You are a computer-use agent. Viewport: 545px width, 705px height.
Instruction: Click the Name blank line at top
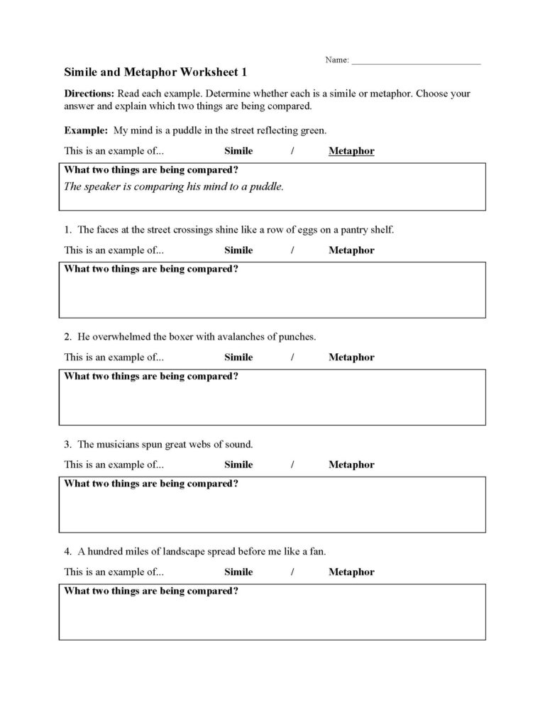[416, 62]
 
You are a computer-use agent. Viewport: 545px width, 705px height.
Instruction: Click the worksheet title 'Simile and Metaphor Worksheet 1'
[156, 72]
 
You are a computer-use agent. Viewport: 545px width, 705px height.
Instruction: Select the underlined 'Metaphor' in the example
[351, 151]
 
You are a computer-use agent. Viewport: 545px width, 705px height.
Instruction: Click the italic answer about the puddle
[174, 187]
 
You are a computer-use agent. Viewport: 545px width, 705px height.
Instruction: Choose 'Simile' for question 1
[238, 250]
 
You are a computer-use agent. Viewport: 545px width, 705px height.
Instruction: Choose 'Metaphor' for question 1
[351, 250]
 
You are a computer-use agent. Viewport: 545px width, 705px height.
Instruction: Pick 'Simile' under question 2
[238, 357]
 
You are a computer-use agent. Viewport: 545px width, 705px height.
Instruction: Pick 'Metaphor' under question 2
[351, 357]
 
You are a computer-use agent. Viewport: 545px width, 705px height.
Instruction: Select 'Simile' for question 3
[238, 465]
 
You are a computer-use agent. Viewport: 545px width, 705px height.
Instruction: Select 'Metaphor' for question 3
[351, 465]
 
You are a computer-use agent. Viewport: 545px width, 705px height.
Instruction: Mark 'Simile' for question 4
[238, 572]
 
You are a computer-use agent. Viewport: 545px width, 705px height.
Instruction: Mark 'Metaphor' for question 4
[351, 572]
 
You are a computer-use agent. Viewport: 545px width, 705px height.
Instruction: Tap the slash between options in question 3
[292, 465]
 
